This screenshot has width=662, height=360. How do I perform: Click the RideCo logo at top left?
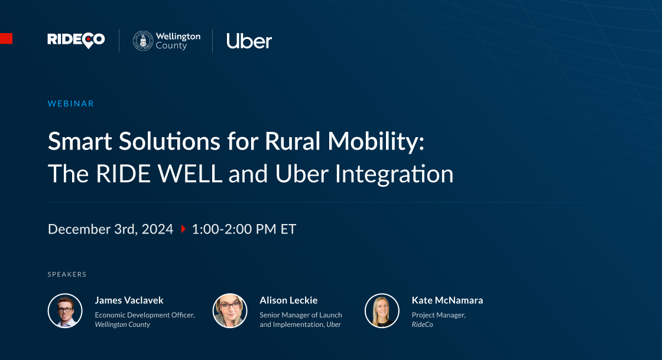tap(76, 40)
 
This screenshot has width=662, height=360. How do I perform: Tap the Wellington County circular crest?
tap(142, 41)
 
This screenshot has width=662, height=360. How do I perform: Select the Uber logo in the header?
tap(249, 41)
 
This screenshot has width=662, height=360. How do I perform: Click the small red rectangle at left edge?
tap(6, 39)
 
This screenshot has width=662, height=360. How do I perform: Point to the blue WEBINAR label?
tap(70, 103)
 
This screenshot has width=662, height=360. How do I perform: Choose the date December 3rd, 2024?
tap(111, 229)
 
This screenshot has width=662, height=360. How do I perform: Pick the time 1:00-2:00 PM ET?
tap(244, 229)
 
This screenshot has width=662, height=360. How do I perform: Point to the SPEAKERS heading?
tap(67, 274)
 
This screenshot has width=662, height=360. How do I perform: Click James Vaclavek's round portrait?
tap(65, 311)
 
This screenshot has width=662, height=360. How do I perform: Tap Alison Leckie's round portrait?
tap(230, 311)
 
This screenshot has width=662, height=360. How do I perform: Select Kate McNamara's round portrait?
tap(382, 311)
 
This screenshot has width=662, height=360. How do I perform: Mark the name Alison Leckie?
tap(288, 300)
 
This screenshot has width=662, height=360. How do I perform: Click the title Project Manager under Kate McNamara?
tap(439, 315)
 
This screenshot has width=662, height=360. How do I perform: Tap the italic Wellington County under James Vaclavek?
tap(122, 325)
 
